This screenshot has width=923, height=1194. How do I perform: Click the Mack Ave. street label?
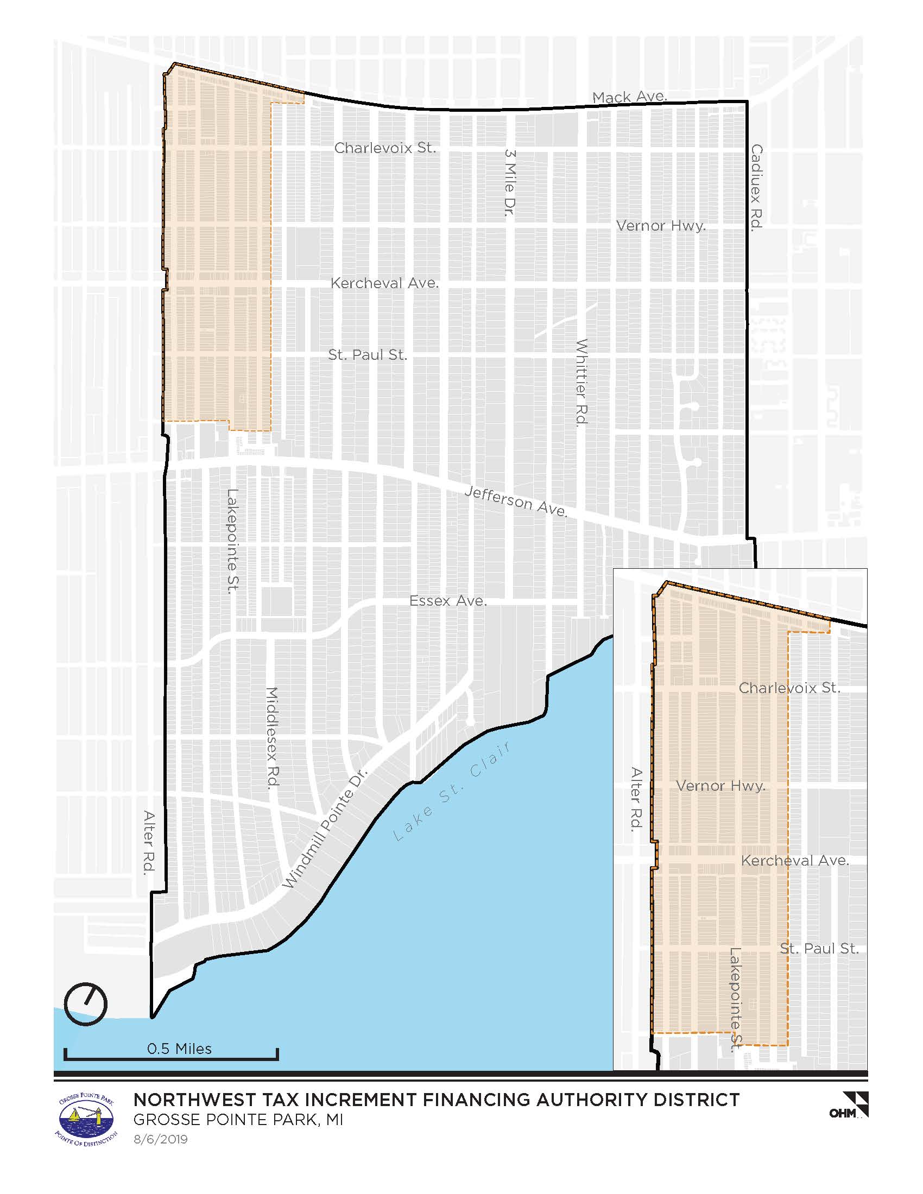tap(629, 97)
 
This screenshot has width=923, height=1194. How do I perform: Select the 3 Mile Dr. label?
tap(510, 182)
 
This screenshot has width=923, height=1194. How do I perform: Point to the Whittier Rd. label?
tap(581, 382)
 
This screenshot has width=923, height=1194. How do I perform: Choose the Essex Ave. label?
tap(448, 601)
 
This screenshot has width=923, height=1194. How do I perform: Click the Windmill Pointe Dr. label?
tap(325, 829)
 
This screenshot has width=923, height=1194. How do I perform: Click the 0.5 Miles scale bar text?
tap(179, 1049)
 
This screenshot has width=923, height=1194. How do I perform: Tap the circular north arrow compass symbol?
tap(86, 1004)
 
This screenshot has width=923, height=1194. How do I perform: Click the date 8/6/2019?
tap(161, 1139)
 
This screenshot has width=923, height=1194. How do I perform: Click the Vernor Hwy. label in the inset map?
tap(720, 786)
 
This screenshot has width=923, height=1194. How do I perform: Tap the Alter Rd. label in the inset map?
tap(636, 799)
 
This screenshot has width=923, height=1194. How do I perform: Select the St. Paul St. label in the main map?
tap(368, 355)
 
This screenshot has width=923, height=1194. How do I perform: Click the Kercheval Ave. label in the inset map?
tap(795, 861)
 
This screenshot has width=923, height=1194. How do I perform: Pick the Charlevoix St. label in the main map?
tap(385, 148)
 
